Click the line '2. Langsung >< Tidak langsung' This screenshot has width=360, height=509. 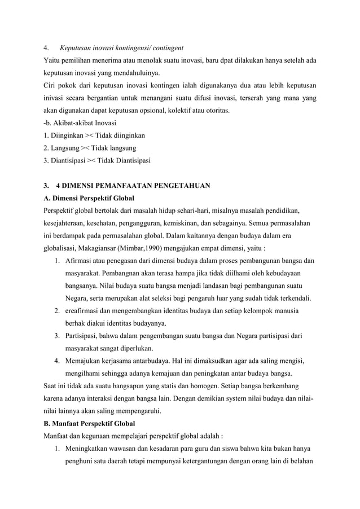coord(86,148)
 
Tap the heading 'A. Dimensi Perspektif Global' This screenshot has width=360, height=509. coord(88,198)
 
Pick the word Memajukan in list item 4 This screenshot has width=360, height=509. coord(84,359)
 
